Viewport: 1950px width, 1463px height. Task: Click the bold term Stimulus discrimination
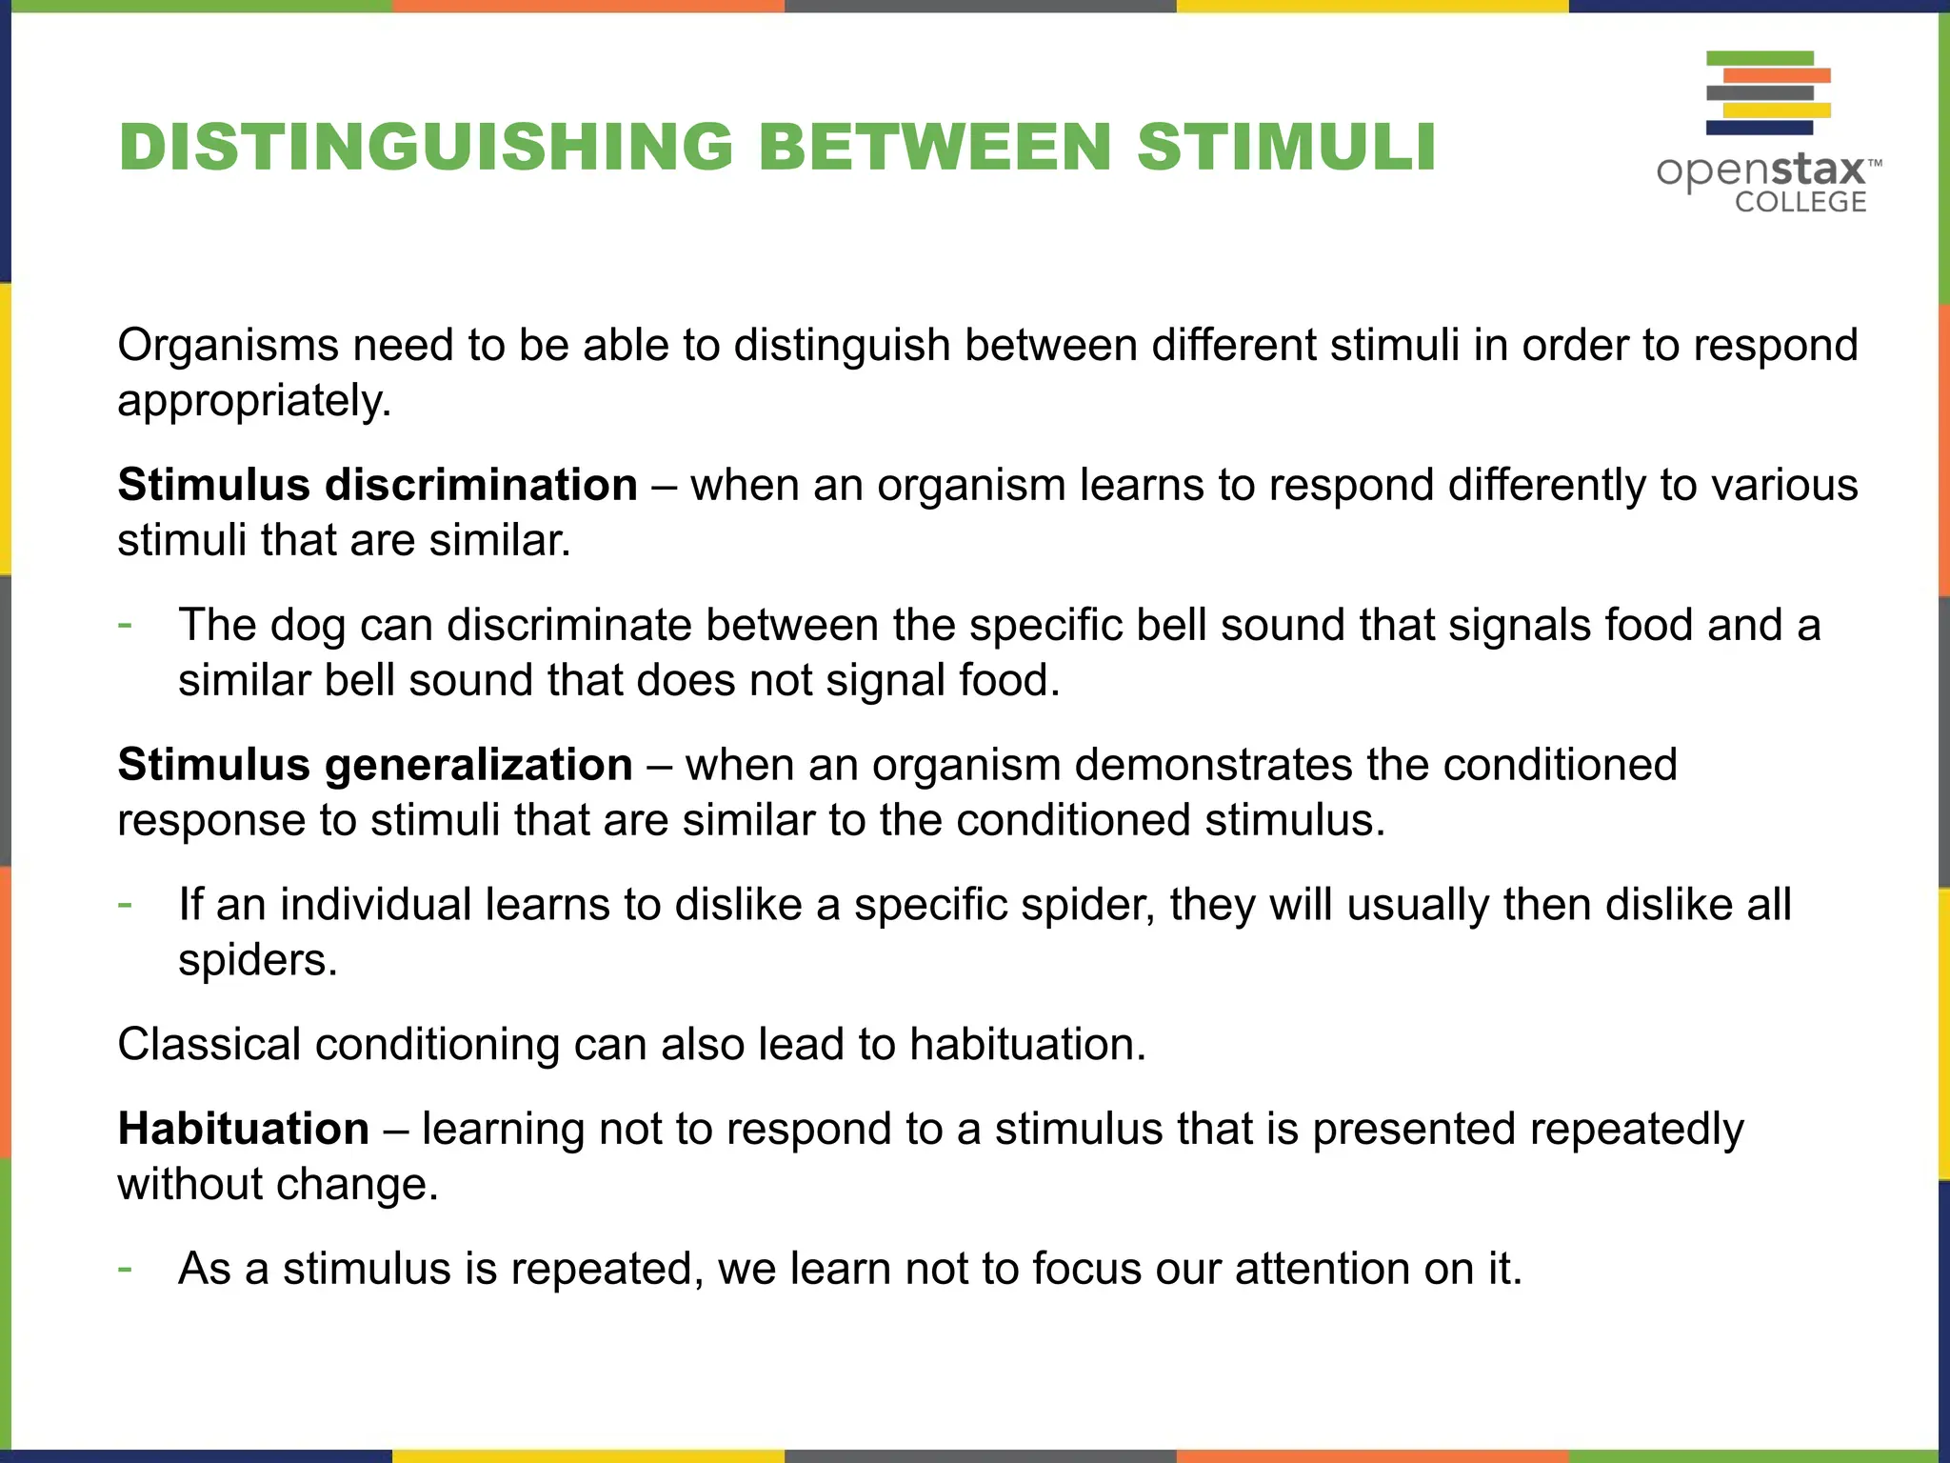point(377,485)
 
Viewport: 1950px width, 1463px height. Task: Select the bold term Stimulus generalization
point(375,765)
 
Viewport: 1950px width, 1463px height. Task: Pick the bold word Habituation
point(244,1129)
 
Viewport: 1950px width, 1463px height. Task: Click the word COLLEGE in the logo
point(1800,202)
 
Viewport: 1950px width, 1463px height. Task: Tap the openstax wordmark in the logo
point(1761,171)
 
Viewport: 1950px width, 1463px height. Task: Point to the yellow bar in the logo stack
point(1777,110)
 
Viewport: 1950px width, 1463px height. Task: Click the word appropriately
point(254,401)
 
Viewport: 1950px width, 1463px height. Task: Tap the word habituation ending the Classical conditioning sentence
point(1027,1045)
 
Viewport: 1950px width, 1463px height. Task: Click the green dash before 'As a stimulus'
point(125,1269)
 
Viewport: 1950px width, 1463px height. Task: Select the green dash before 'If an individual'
point(125,904)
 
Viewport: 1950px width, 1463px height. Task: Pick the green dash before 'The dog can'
point(125,625)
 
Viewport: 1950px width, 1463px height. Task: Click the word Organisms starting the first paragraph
point(228,345)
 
